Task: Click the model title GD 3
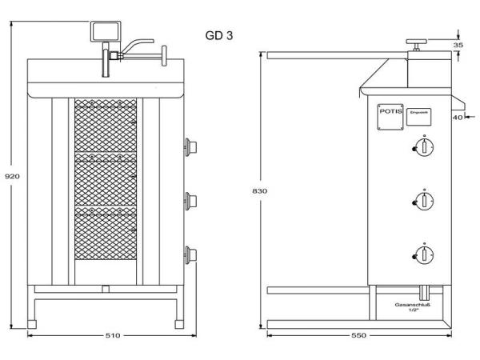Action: (x=219, y=36)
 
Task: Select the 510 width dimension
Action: (x=112, y=335)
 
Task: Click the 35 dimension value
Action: (x=458, y=46)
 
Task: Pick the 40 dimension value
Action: (x=457, y=117)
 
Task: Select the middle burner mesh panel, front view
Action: (x=106, y=182)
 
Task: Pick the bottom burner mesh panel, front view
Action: (x=106, y=237)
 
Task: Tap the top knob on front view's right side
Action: (x=190, y=146)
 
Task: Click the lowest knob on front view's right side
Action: (x=190, y=254)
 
